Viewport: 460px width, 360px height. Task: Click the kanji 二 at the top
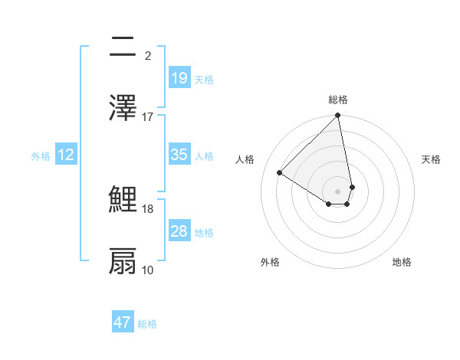(x=123, y=49)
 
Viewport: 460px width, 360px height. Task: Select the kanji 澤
(x=123, y=108)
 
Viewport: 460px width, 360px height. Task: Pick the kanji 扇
(x=123, y=261)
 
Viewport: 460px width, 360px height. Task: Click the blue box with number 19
(x=179, y=78)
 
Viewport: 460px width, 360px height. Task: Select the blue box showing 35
(x=179, y=155)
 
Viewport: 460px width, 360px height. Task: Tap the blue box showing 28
(x=179, y=231)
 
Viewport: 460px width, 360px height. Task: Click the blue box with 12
(x=66, y=155)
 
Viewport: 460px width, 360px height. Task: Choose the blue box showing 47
(x=123, y=322)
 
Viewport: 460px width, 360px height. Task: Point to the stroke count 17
(x=148, y=116)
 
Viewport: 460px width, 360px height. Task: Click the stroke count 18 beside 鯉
(x=148, y=208)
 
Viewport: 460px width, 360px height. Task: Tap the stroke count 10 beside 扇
(x=148, y=270)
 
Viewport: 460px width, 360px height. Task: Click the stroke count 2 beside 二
(x=148, y=56)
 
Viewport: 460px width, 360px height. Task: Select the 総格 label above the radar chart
(x=338, y=100)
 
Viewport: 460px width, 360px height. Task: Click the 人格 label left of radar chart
(x=245, y=159)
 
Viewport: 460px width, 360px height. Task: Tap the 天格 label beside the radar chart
(x=432, y=159)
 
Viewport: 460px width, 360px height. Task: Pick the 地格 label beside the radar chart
(x=402, y=263)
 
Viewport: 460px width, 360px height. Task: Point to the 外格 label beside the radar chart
(x=270, y=263)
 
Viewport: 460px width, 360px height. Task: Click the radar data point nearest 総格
(x=337, y=116)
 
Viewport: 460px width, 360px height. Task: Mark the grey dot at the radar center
(x=337, y=191)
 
